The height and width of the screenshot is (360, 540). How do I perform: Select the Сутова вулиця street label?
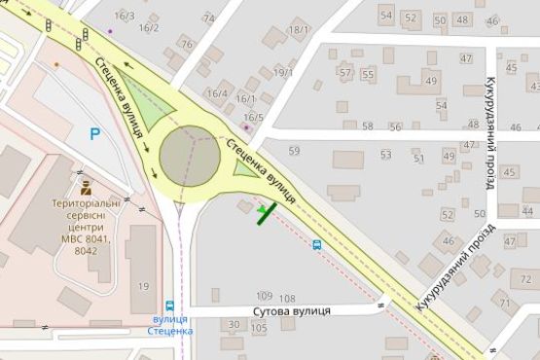pyautogui.click(x=292, y=310)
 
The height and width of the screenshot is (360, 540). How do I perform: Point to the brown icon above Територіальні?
pyautogui.click(x=85, y=184)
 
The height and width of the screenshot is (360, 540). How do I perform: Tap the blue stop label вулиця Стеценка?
pyautogui.click(x=171, y=325)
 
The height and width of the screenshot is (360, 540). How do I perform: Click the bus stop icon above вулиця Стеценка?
pyautogui.click(x=171, y=306)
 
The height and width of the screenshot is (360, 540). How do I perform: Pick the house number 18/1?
pyautogui.click(x=299, y=29)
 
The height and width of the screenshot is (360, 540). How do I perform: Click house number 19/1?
pyautogui.click(x=283, y=72)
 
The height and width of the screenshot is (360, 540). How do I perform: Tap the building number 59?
pyautogui.click(x=294, y=150)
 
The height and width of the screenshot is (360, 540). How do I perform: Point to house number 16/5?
pyautogui.click(x=253, y=117)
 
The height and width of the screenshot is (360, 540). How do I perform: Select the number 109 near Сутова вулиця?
pyautogui.click(x=265, y=296)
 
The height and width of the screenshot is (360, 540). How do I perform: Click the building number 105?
pyautogui.click(x=259, y=329)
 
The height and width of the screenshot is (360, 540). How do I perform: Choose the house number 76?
pyautogui.click(x=186, y=44)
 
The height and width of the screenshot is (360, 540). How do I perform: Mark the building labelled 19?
pyautogui.click(x=143, y=285)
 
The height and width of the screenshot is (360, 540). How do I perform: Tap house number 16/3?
pyautogui.click(x=125, y=17)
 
